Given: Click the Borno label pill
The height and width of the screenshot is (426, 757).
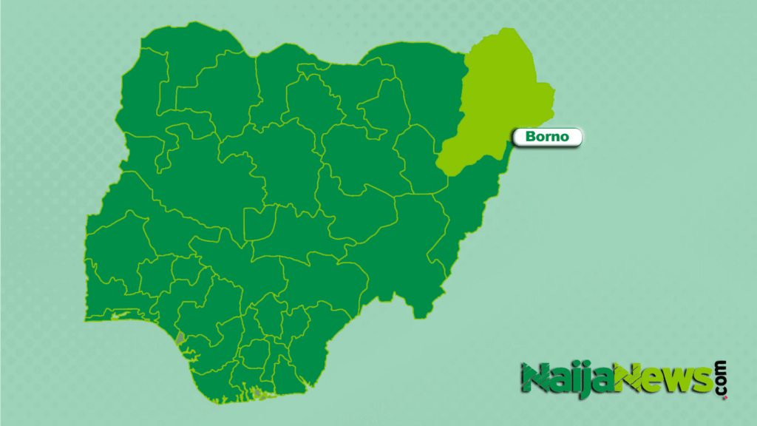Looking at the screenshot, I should click(548, 137).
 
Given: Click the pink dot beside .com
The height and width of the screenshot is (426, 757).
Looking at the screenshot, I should click(724, 397).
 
